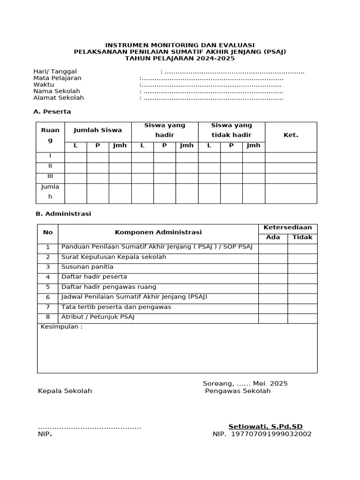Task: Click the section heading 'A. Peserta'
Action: tap(52, 112)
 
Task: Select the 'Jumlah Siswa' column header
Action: tap(97, 130)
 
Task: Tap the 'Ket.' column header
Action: tap(291, 135)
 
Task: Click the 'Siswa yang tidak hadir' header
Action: tap(231, 130)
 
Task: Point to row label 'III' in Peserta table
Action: tap(50, 176)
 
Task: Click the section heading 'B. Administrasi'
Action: tap(63, 214)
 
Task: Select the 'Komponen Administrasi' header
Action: tap(158, 232)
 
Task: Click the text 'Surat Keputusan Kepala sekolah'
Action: tap(113, 257)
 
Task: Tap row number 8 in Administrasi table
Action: tap(48, 317)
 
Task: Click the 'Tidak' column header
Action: tap(302, 237)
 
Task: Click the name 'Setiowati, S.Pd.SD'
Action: tap(265, 427)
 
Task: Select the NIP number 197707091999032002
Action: tap(269, 434)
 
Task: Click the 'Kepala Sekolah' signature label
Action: tap(65, 391)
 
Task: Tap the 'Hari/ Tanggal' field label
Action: tap(55, 71)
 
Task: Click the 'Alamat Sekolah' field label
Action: tap(59, 97)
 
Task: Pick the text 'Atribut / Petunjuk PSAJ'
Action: tap(97, 317)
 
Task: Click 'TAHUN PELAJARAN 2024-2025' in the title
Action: tap(180, 58)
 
